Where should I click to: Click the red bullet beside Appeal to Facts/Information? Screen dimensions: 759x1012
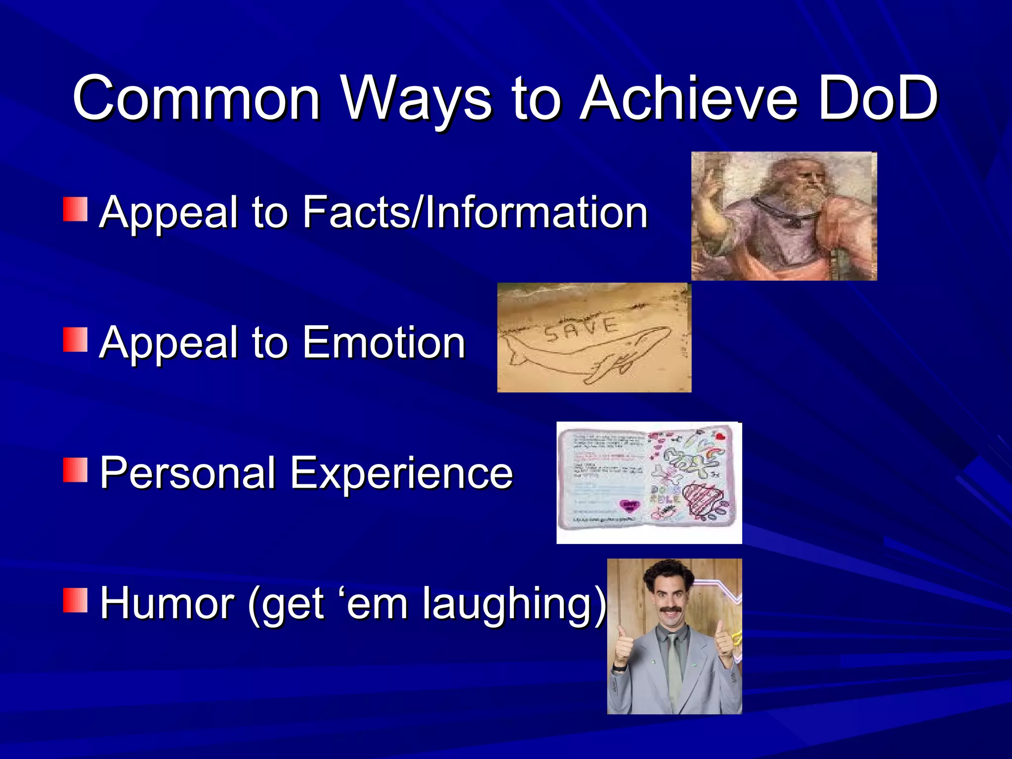(x=75, y=210)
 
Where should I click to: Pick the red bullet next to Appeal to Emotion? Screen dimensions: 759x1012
(x=75, y=339)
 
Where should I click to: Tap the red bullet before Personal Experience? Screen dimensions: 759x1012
(x=75, y=470)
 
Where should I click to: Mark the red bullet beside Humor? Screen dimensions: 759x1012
(x=75, y=600)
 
